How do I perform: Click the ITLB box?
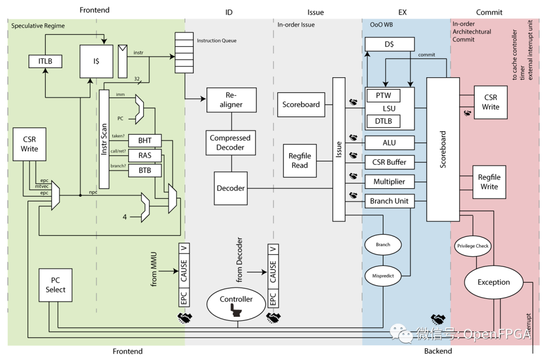pyautogui.click(x=45, y=62)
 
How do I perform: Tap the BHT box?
pyautogui.click(x=144, y=141)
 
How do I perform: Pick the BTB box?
pyautogui.click(x=144, y=170)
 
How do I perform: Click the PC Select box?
pyautogui.click(x=55, y=285)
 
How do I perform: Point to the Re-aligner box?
pyautogui.click(x=231, y=100)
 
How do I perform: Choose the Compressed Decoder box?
pyautogui.click(x=230, y=142)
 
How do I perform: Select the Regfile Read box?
pyautogui.click(x=299, y=160)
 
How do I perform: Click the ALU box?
pyautogui.click(x=389, y=143)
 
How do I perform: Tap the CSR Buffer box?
pyautogui.click(x=389, y=162)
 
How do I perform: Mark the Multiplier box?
pyautogui.click(x=389, y=182)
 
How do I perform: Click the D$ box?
pyautogui.click(x=389, y=44)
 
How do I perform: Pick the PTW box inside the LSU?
pyautogui.click(x=383, y=95)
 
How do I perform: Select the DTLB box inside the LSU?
pyautogui.click(x=383, y=121)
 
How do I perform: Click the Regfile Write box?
pyautogui.click(x=489, y=182)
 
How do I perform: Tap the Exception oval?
pyautogui.click(x=493, y=282)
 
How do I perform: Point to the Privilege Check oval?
pyautogui.click(x=473, y=246)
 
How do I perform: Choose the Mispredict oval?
pyautogui.click(x=383, y=276)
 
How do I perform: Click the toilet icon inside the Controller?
pyautogui.click(x=236, y=310)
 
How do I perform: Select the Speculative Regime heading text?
pyautogui.click(x=38, y=26)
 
